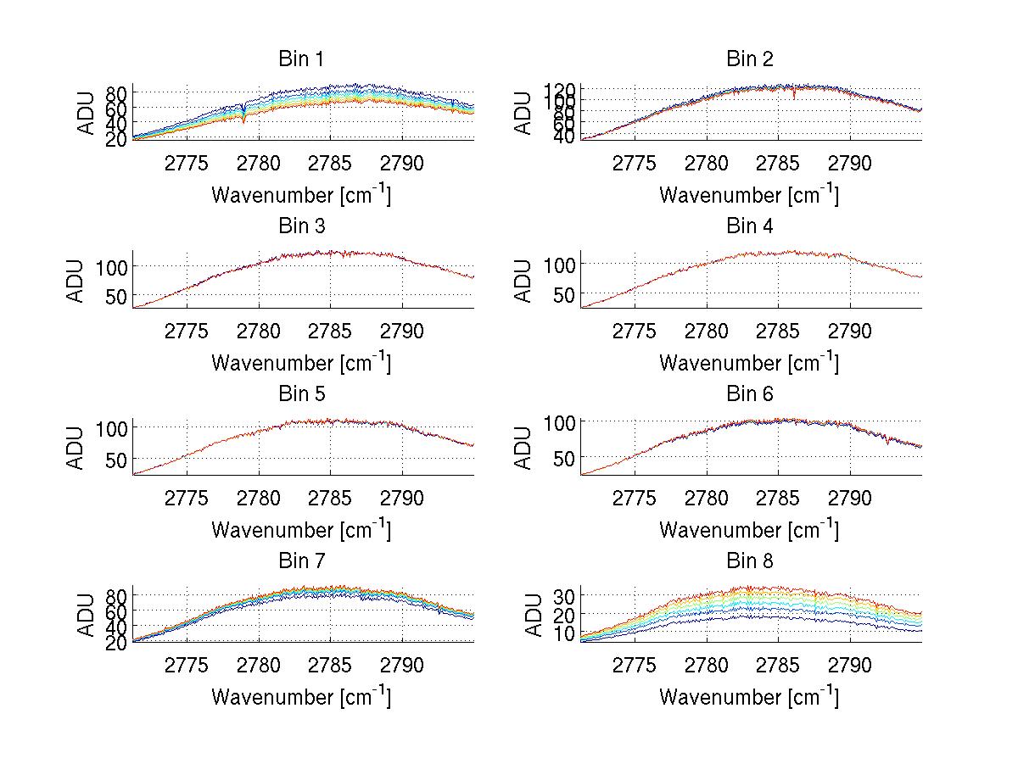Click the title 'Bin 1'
(x=301, y=59)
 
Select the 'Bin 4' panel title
(x=749, y=226)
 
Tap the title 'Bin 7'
(x=301, y=561)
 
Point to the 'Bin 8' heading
(x=749, y=561)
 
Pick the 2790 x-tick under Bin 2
(x=850, y=164)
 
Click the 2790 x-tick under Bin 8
(x=850, y=666)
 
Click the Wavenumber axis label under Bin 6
(x=749, y=529)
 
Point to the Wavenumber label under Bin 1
(x=301, y=194)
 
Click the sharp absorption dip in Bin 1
(x=244, y=119)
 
